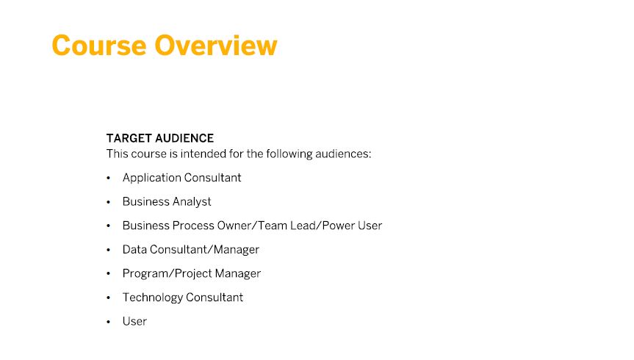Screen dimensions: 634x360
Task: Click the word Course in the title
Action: point(99,46)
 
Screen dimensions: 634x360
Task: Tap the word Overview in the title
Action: point(216,46)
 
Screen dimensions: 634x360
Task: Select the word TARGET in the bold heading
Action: point(129,138)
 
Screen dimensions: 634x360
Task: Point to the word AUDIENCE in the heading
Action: point(185,138)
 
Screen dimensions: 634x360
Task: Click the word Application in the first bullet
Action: point(151,178)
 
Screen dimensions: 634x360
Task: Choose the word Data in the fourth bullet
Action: point(134,250)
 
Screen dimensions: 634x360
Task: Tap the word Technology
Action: point(153,298)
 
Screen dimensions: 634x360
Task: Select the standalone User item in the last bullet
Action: point(134,321)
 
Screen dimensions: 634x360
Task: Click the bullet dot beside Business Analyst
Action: point(109,202)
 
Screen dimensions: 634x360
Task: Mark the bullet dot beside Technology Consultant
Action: point(109,298)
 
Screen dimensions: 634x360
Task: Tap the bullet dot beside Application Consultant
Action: point(109,178)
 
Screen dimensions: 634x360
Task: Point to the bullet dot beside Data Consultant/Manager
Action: point(109,250)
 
